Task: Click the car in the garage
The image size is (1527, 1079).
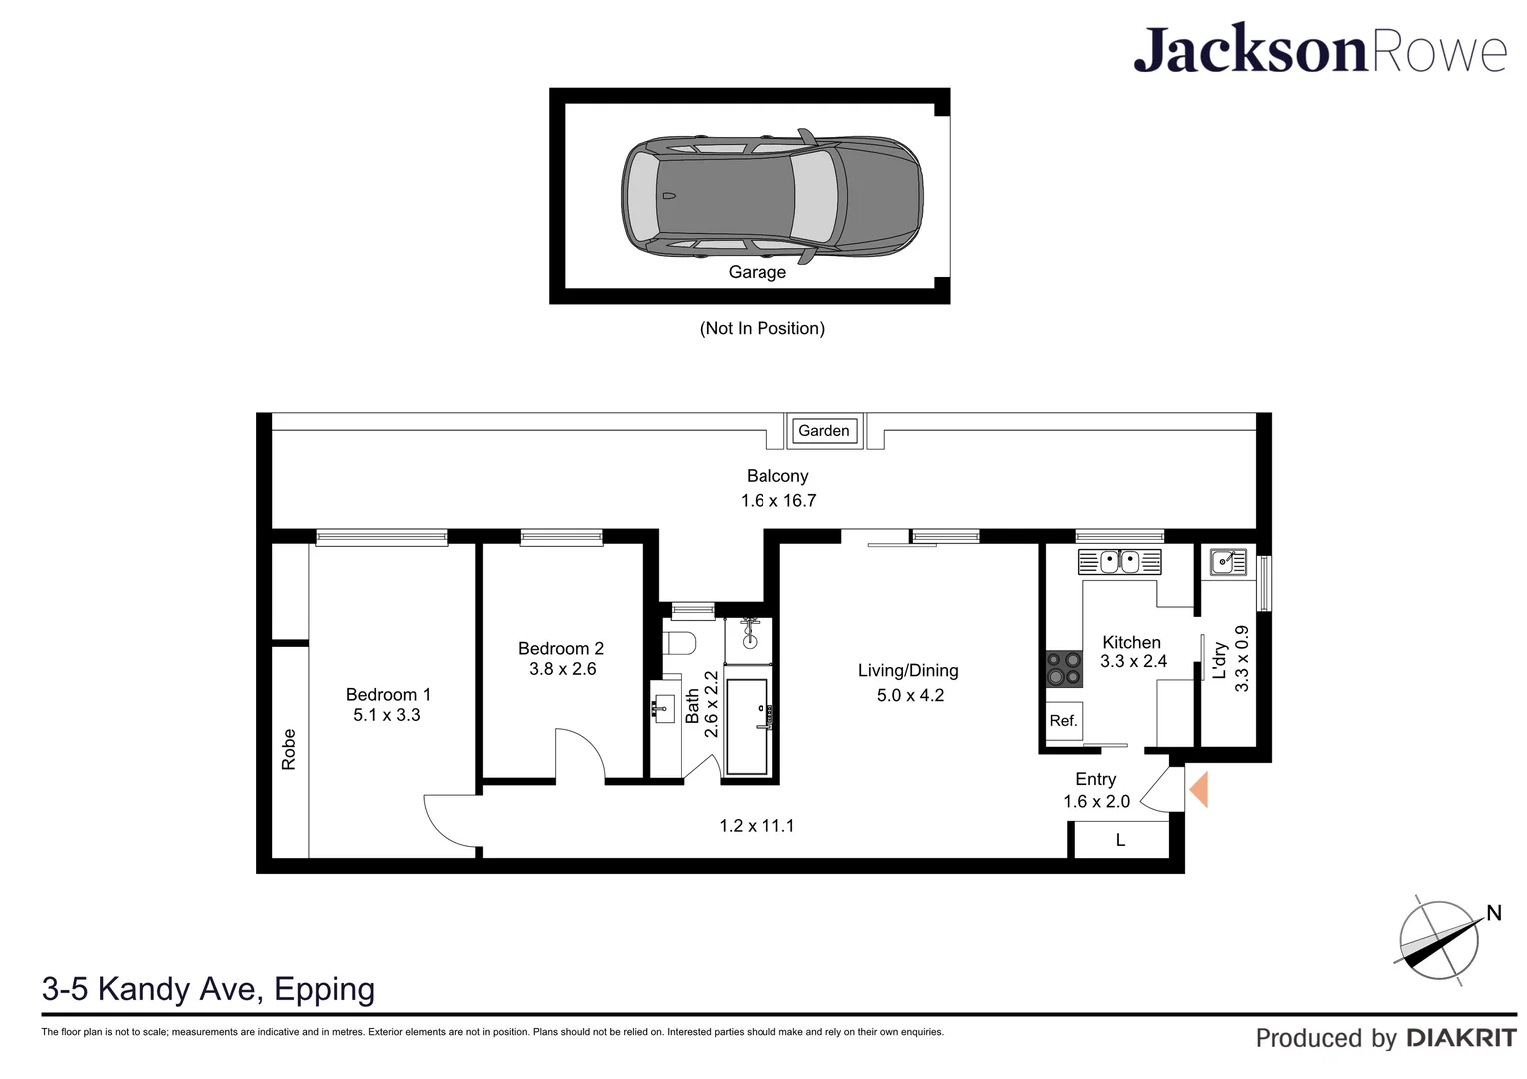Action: [x=771, y=196]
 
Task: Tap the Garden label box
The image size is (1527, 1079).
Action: [x=824, y=430]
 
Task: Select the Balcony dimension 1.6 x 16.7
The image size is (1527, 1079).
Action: [x=778, y=501]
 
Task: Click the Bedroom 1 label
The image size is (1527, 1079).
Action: [x=388, y=694]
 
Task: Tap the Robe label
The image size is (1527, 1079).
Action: [x=289, y=749]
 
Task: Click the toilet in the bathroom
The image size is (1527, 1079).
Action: [x=679, y=642]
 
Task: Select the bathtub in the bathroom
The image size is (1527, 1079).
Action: [x=748, y=726]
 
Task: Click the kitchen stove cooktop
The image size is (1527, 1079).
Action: [x=1064, y=668]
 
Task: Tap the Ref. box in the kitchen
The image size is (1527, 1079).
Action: [x=1063, y=721]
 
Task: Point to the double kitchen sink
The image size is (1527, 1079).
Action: [x=1119, y=562]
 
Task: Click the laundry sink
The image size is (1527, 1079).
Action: [x=1228, y=562]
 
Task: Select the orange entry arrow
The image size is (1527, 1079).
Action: [x=1199, y=789]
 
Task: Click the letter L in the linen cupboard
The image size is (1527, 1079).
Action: [x=1120, y=840]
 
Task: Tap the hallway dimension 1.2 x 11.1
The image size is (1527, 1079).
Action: [x=757, y=826]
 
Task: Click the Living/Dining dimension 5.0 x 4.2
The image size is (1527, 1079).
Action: [x=910, y=696]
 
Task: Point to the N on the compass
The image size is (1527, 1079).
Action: [x=1494, y=913]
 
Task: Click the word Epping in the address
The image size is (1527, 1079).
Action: [x=325, y=990]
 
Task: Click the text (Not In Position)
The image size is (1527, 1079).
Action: [x=763, y=328]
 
